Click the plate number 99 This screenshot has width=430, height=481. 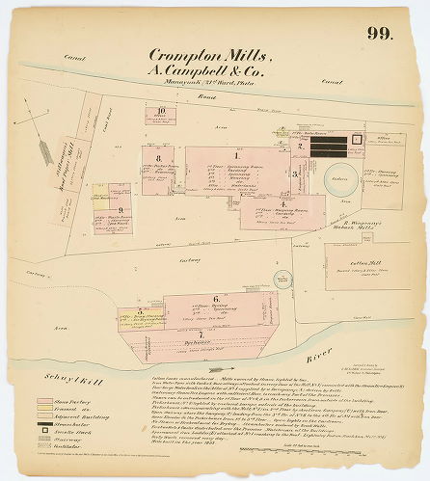click(x=379, y=35)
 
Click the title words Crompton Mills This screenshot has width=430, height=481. click(x=200, y=56)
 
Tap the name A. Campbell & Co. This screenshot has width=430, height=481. click(x=200, y=70)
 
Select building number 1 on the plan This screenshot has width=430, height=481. click(x=236, y=156)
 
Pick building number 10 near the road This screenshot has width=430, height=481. click(x=162, y=112)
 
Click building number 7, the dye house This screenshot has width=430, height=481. click(x=200, y=334)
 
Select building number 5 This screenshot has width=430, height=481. click(x=140, y=311)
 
